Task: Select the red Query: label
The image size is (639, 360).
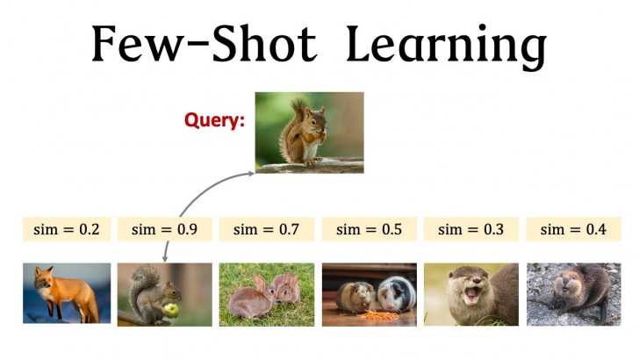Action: click(214, 120)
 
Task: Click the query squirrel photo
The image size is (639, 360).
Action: click(309, 132)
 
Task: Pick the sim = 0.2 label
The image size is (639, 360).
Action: click(66, 230)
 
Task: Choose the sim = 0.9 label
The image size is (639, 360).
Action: click(164, 230)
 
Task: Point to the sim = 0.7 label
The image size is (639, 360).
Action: click(266, 230)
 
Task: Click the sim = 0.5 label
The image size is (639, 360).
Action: click(369, 230)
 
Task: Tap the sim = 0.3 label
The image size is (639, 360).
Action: click(470, 230)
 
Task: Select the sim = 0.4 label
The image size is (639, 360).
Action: click(573, 230)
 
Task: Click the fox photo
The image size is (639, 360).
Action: click(67, 293)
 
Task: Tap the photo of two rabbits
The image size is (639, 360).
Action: click(266, 295)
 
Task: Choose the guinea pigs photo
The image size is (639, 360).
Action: click(369, 294)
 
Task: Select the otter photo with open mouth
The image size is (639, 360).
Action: click(470, 294)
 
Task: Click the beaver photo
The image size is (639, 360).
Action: click(573, 294)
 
